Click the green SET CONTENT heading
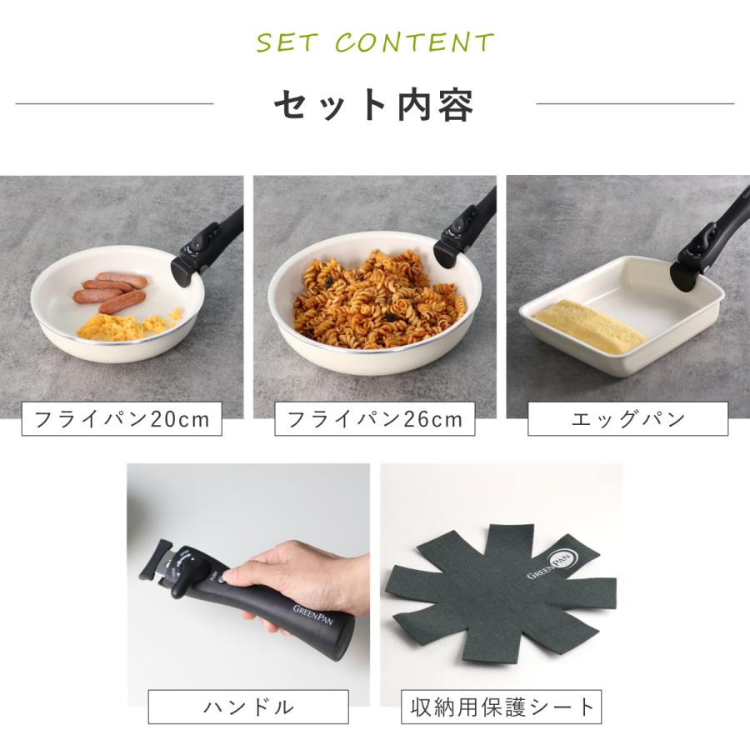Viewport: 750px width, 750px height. (375, 42)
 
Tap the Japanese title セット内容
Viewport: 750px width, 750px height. (374, 105)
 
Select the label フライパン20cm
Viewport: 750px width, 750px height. (122, 419)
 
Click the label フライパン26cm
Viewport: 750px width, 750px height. (375, 419)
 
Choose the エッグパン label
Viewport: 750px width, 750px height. (627, 419)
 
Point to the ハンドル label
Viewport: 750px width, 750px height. (248, 707)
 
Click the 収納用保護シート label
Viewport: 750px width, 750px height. (502, 707)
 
